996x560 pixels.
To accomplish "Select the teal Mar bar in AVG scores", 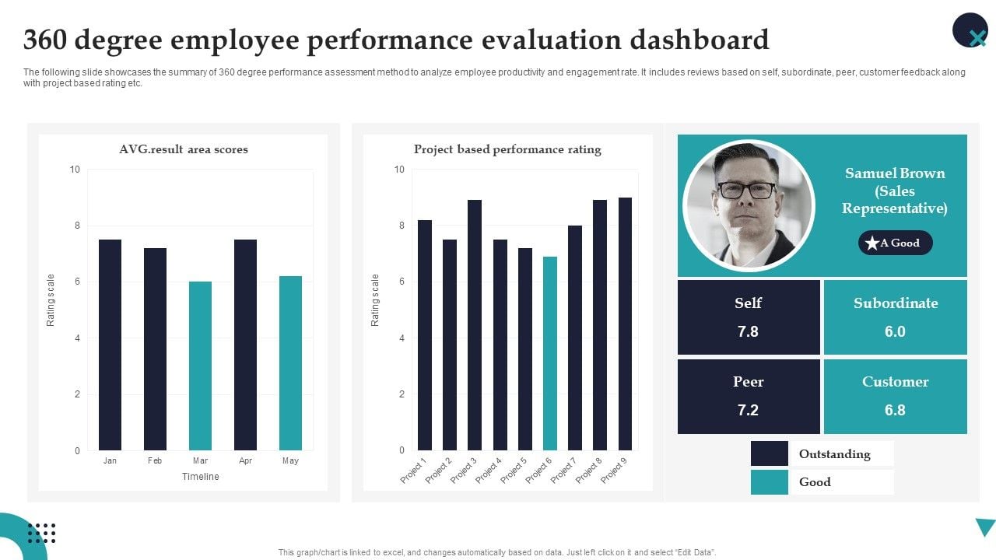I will [x=200, y=366].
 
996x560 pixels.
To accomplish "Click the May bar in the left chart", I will [x=290, y=363].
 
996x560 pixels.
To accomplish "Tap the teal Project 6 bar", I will [x=550, y=353].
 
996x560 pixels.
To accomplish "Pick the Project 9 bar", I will [x=625, y=324].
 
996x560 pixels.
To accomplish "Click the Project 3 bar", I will [x=475, y=325].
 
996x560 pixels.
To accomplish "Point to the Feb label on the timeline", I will [x=155, y=461].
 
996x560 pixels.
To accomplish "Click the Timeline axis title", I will [x=200, y=477].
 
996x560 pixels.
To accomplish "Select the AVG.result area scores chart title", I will [x=184, y=149].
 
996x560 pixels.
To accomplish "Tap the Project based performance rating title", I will [x=507, y=149].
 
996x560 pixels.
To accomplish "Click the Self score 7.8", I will [x=748, y=331].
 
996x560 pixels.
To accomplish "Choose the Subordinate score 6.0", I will [x=895, y=331].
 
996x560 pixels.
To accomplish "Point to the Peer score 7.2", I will [x=748, y=410].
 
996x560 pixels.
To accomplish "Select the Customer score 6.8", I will [x=895, y=410].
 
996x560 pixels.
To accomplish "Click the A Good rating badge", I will [x=895, y=243].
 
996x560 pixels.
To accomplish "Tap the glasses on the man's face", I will [x=746, y=189].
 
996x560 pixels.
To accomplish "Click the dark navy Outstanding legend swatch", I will [x=769, y=453].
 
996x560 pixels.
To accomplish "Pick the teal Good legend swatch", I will [x=769, y=482].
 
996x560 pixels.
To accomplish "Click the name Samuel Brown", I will [x=895, y=173].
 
